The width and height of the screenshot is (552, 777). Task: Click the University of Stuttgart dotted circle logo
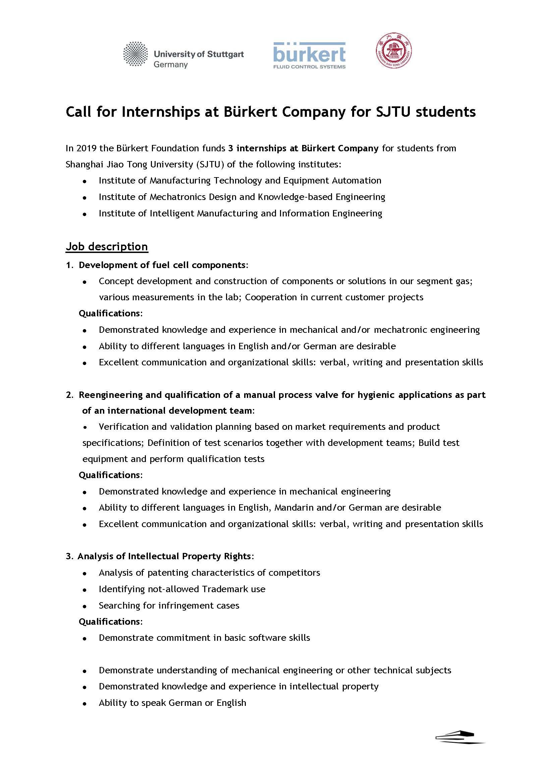coord(135,54)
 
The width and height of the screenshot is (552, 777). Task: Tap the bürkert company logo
coord(309,55)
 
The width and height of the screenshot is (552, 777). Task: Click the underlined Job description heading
coord(107,247)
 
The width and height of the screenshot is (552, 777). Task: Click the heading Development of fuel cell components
coord(162,265)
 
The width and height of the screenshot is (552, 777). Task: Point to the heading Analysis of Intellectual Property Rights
coord(165,556)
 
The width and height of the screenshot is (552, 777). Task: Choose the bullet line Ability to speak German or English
coord(172,703)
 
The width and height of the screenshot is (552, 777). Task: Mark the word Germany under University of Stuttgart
coord(171,65)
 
